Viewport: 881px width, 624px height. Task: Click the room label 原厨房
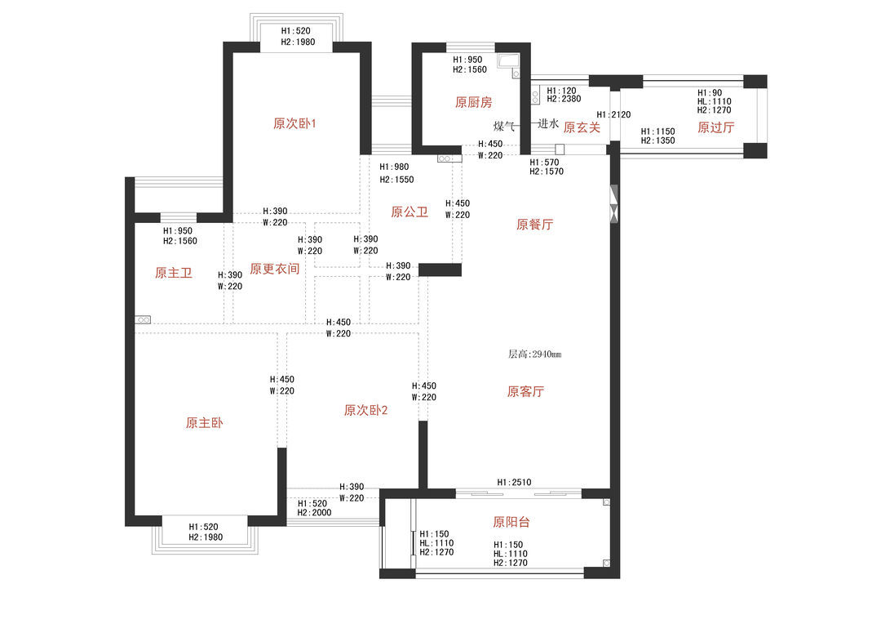[473, 102]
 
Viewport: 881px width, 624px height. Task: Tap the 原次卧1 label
[294, 123]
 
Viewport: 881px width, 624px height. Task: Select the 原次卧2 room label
[365, 410]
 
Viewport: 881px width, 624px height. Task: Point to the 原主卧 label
[205, 422]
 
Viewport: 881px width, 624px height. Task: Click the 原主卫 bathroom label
[174, 273]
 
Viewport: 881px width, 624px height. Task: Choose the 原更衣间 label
[274, 269]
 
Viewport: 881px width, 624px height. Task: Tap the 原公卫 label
[410, 212]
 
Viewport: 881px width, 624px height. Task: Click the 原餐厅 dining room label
[535, 225]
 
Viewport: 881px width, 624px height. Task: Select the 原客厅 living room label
[525, 391]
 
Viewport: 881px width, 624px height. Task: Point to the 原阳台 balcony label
[511, 522]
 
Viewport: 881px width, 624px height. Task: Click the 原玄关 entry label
[582, 127]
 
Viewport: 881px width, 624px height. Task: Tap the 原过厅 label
[716, 127]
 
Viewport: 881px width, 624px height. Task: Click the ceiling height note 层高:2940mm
[535, 354]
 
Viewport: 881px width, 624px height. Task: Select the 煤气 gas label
[504, 126]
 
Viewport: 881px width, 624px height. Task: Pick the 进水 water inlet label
[548, 123]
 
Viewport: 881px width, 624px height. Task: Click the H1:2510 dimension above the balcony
[514, 482]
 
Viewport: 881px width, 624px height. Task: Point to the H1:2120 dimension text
[613, 114]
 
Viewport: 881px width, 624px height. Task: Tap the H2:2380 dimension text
[564, 99]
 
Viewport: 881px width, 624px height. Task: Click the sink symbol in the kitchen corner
[508, 61]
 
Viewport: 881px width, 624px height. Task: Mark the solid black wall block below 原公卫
[440, 270]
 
